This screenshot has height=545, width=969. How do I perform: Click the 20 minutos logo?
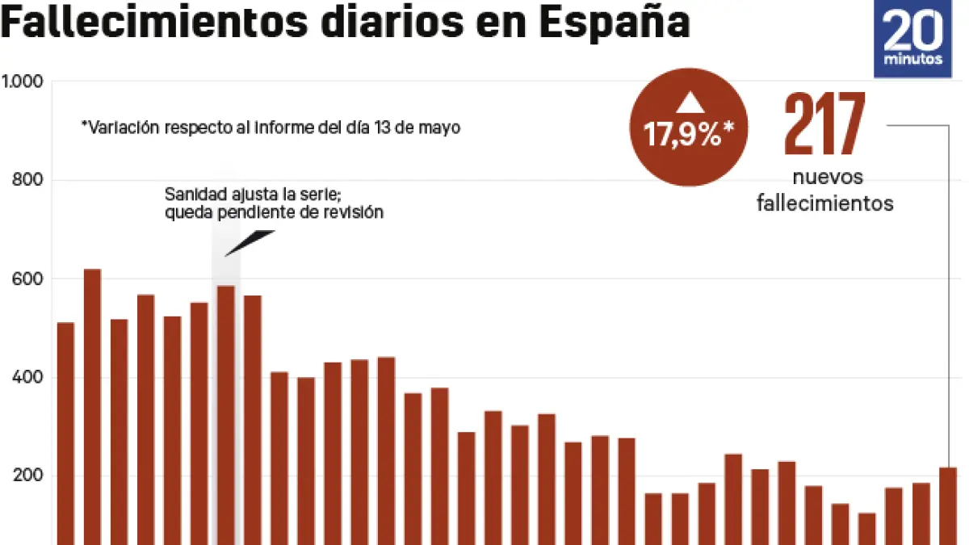912,40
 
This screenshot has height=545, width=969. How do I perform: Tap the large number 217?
824,124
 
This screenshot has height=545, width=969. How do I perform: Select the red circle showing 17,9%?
689,128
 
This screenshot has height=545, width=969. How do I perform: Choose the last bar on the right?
947,505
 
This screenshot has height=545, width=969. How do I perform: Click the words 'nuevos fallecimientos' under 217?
824,191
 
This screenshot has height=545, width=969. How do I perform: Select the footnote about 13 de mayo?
271,128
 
